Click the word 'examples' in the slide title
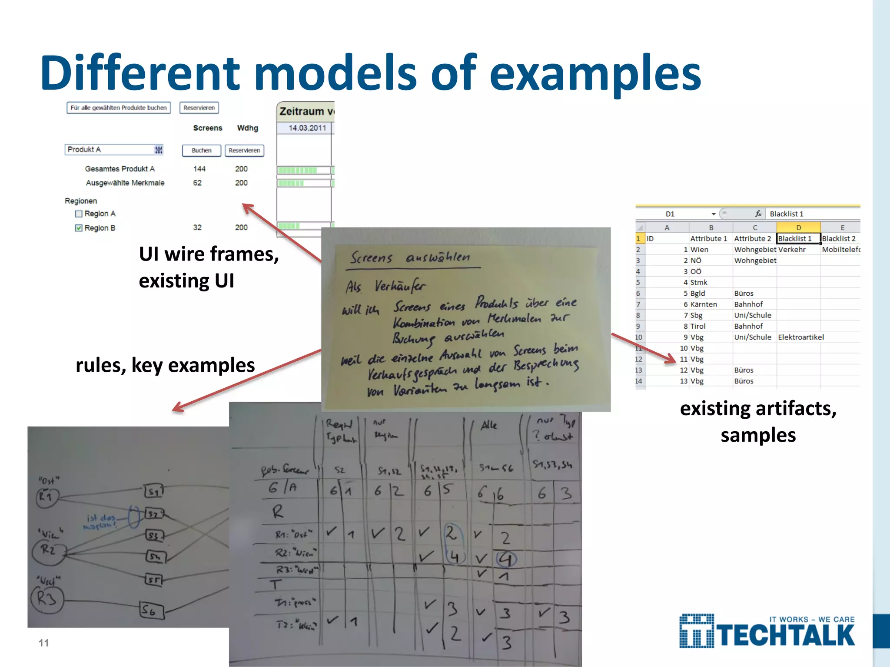pyautogui.click(x=595, y=73)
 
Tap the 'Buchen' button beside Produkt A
pyautogui.click(x=202, y=150)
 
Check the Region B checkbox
pyautogui.click(x=79, y=228)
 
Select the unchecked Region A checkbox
pyautogui.click(x=79, y=214)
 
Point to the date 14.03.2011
pyautogui.click(x=307, y=128)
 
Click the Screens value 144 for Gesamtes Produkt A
pyautogui.click(x=199, y=168)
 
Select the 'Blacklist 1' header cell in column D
pyautogui.click(x=798, y=238)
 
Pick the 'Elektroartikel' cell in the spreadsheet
pyautogui.click(x=800, y=337)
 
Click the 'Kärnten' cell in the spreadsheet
pyautogui.click(x=704, y=304)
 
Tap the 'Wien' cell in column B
pyautogui.click(x=699, y=250)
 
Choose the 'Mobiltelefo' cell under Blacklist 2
pyautogui.click(x=840, y=250)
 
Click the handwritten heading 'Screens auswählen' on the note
pyautogui.click(x=410, y=258)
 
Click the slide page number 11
pyautogui.click(x=44, y=643)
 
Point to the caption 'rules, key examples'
pyautogui.click(x=165, y=365)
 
